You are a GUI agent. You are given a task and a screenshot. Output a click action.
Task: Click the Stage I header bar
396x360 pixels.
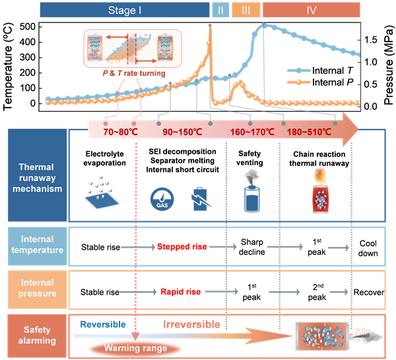125,10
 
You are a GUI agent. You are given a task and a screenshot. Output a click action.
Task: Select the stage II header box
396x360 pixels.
220,10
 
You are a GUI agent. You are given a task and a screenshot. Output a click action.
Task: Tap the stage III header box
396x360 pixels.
246,10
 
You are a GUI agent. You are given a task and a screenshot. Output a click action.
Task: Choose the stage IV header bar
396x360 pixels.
311,10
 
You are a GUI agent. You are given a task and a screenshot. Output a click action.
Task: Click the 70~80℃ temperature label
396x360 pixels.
120,131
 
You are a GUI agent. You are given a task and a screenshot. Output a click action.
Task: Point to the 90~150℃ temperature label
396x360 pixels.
181,131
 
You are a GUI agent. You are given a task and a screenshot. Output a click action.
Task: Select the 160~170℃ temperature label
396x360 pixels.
252,131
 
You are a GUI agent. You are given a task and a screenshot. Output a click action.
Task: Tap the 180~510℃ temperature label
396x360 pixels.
309,131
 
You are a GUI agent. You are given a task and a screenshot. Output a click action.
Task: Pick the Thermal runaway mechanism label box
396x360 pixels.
37,174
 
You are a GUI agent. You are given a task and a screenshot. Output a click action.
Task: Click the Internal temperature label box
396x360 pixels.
37,246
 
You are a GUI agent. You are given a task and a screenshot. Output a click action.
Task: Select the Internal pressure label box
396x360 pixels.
37,289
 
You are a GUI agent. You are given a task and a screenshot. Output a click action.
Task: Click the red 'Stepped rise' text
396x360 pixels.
181,247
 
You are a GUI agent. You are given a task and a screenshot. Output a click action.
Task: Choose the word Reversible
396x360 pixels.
104,324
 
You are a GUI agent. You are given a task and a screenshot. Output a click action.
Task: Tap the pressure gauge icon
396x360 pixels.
160,198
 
